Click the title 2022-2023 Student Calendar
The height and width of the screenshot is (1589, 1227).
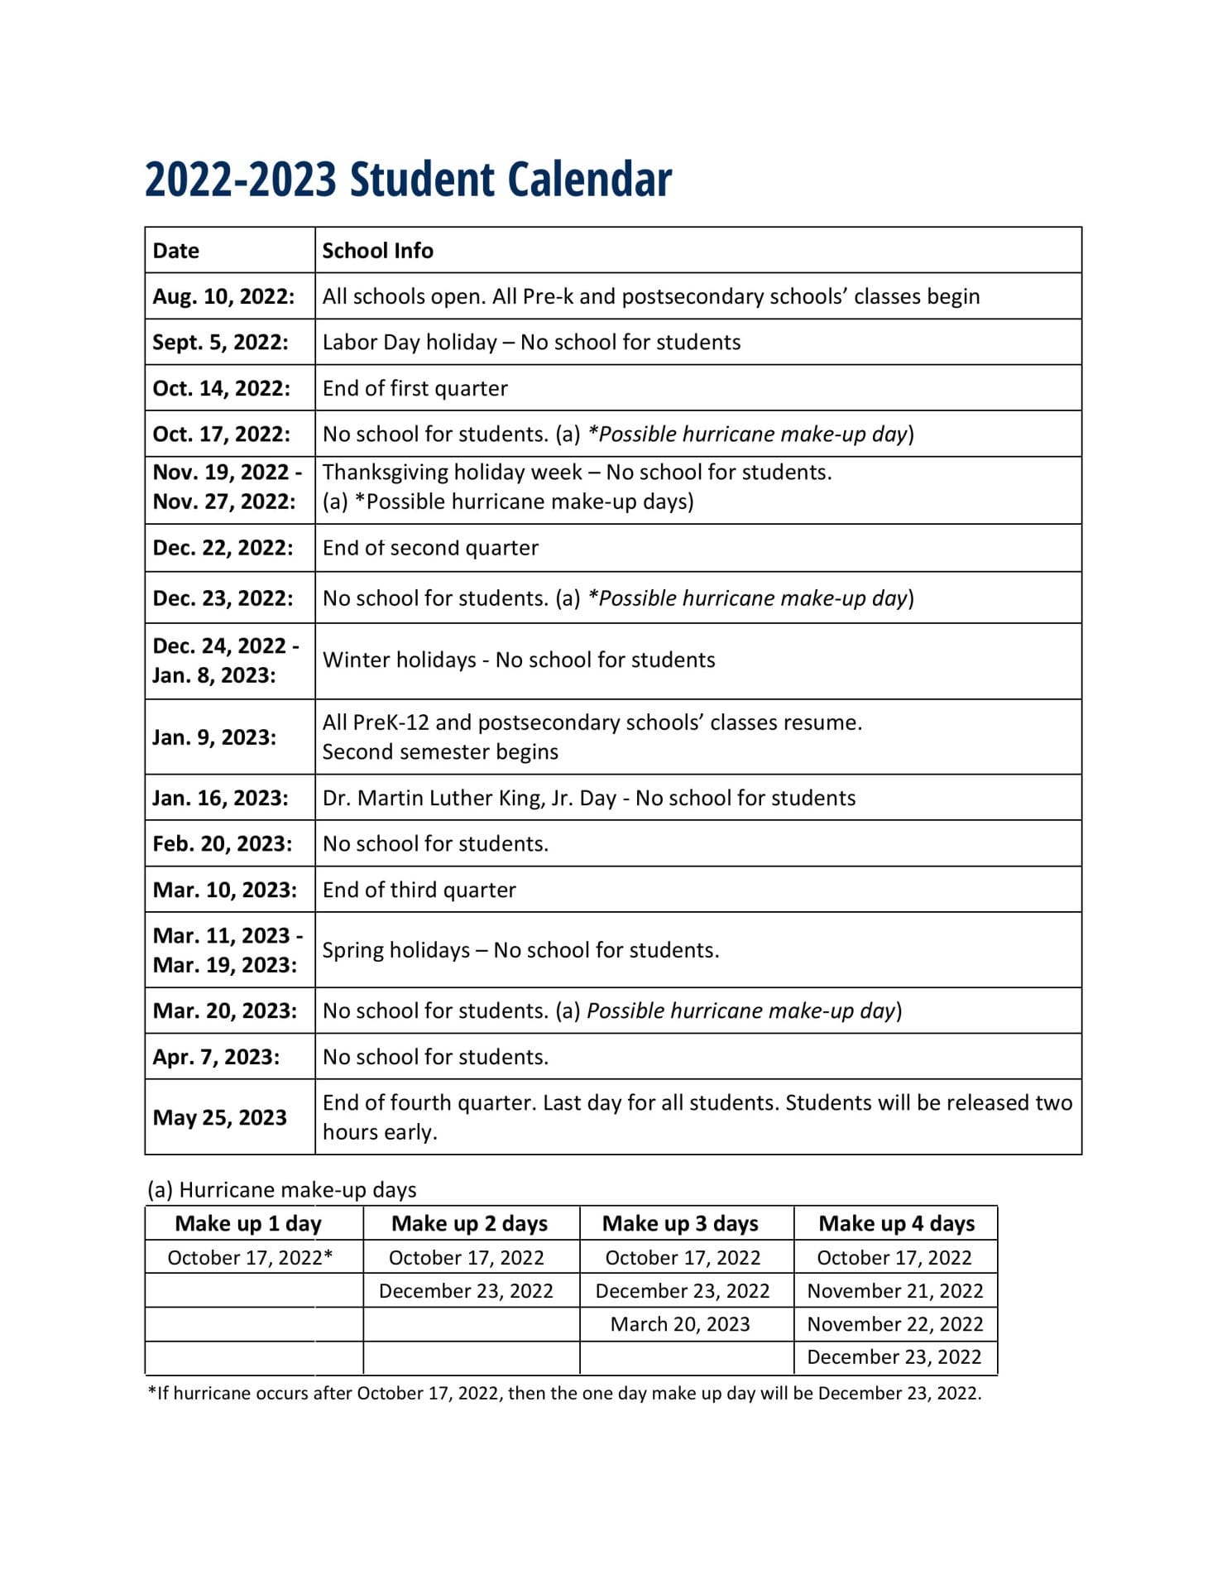(x=408, y=180)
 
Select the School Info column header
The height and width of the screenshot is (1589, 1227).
(x=377, y=251)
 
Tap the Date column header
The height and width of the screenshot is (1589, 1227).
(x=176, y=251)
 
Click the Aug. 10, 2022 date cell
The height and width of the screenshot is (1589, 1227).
(x=223, y=296)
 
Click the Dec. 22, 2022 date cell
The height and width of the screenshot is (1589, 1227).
(x=223, y=548)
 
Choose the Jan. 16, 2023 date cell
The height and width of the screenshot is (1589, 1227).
(x=220, y=798)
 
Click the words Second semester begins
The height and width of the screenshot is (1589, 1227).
(x=440, y=752)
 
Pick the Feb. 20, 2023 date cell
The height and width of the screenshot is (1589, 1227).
(x=223, y=844)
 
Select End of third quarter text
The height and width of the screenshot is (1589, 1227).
(x=419, y=890)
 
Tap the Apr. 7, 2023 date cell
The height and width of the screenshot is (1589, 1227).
(x=216, y=1057)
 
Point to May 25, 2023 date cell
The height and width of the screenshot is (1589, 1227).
(x=219, y=1117)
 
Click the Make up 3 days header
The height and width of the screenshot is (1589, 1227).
(x=680, y=1223)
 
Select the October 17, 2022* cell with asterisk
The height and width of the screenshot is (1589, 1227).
(x=250, y=1258)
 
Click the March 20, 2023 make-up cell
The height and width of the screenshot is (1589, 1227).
(x=680, y=1324)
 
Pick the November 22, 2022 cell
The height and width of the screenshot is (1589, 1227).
(x=894, y=1324)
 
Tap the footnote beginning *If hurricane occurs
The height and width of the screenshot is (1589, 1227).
(x=564, y=1393)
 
